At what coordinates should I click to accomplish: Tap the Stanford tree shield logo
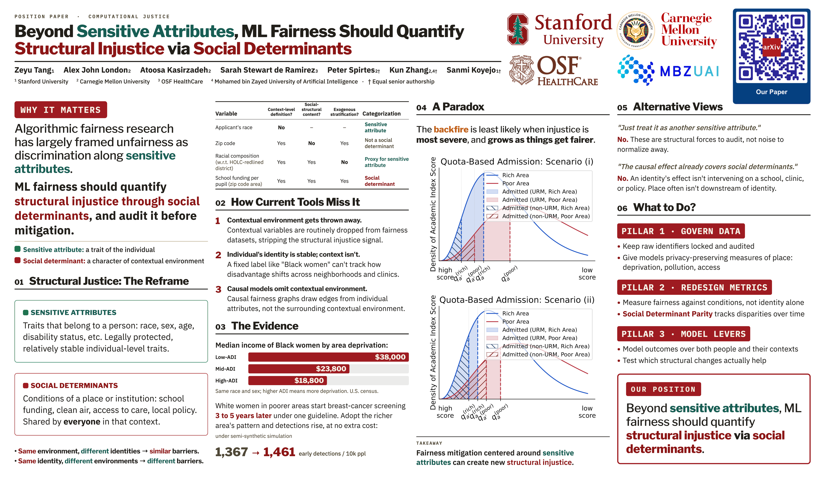tap(517, 29)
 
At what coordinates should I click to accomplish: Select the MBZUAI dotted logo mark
tap(636, 70)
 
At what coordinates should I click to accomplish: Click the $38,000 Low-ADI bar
tap(328, 357)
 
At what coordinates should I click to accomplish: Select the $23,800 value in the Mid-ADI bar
tap(331, 368)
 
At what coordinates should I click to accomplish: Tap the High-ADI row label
tap(226, 381)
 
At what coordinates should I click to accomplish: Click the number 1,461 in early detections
tap(279, 452)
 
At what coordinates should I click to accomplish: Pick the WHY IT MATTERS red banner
tap(61, 110)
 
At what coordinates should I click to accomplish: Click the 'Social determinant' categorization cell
tap(379, 181)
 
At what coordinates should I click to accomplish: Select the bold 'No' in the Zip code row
tap(311, 143)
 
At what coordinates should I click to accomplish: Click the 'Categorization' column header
tap(381, 113)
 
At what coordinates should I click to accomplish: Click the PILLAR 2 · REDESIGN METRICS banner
tap(694, 287)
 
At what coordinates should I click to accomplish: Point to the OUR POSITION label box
tap(663, 389)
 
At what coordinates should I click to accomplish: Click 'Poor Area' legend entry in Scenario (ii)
tap(515, 322)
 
